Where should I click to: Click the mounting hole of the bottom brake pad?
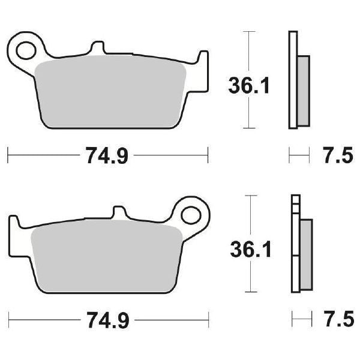(191, 214)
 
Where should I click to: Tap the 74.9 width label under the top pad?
(108, 157)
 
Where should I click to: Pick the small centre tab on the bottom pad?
(120, 214)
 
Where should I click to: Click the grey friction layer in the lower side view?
(306, 252)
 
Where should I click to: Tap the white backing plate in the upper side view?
(293, 78)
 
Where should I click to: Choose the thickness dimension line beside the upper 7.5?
(299, 157)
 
